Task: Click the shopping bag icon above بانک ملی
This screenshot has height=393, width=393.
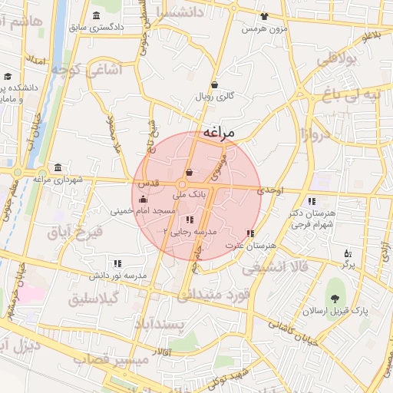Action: [190, 172]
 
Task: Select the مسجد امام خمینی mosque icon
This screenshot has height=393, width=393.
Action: [143, 199]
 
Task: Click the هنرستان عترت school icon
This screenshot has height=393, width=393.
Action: [249, 233]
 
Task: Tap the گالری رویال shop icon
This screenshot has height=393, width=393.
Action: [214, 84]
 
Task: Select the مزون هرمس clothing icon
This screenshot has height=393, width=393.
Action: [264, 15]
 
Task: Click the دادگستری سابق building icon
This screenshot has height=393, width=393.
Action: [95, 15]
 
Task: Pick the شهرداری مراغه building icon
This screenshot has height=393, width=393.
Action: [58, 168]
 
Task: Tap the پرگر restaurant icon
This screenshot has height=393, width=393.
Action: [348, 253]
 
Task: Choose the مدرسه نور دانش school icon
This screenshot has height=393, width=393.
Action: [117, 263]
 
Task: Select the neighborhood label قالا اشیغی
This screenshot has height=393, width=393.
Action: [274, 268]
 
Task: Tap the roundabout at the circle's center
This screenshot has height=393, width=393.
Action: [183, 184]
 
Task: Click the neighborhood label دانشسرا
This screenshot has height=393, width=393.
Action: [180, 12]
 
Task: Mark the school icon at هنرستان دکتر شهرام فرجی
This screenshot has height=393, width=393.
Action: [311, 201]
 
